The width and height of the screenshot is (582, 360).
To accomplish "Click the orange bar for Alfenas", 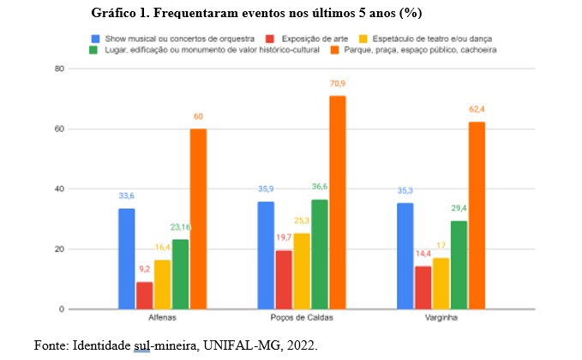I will pyautogui.click(x=198, y=219).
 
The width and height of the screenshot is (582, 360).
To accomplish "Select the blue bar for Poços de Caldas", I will pyautogui.click(x=266, y=255).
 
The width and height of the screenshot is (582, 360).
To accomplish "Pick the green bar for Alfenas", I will pyautogui.click(x=180, y=273).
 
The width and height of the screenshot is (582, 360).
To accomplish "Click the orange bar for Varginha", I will pyautogui.click(x=477, y=215).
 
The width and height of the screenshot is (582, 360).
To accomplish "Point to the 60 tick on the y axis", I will pyautogui.click(x=60, y=129).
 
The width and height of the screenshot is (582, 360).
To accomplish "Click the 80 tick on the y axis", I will pyautogui.click(x=60, y=69).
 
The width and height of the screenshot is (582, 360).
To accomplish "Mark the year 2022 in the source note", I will pyautogui.click(x=301, y=345).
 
